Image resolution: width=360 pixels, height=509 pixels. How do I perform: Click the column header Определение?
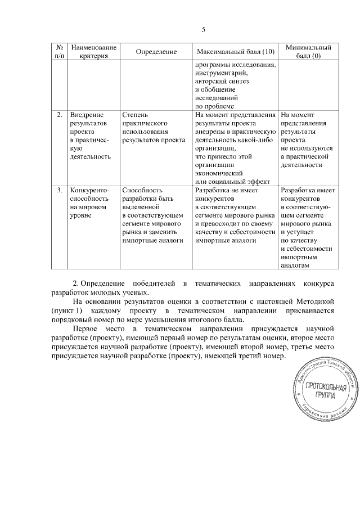click(156, 52)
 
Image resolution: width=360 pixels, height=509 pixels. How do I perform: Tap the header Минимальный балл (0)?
click(308, 52)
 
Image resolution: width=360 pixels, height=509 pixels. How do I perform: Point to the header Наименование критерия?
click(94, 52)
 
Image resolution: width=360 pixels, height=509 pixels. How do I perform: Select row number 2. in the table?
click(60, 115)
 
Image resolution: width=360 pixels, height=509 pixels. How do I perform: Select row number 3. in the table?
click(60, 191)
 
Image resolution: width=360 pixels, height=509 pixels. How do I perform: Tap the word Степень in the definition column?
click(135, 115)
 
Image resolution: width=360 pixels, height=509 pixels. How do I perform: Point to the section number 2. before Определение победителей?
click(77, 281)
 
